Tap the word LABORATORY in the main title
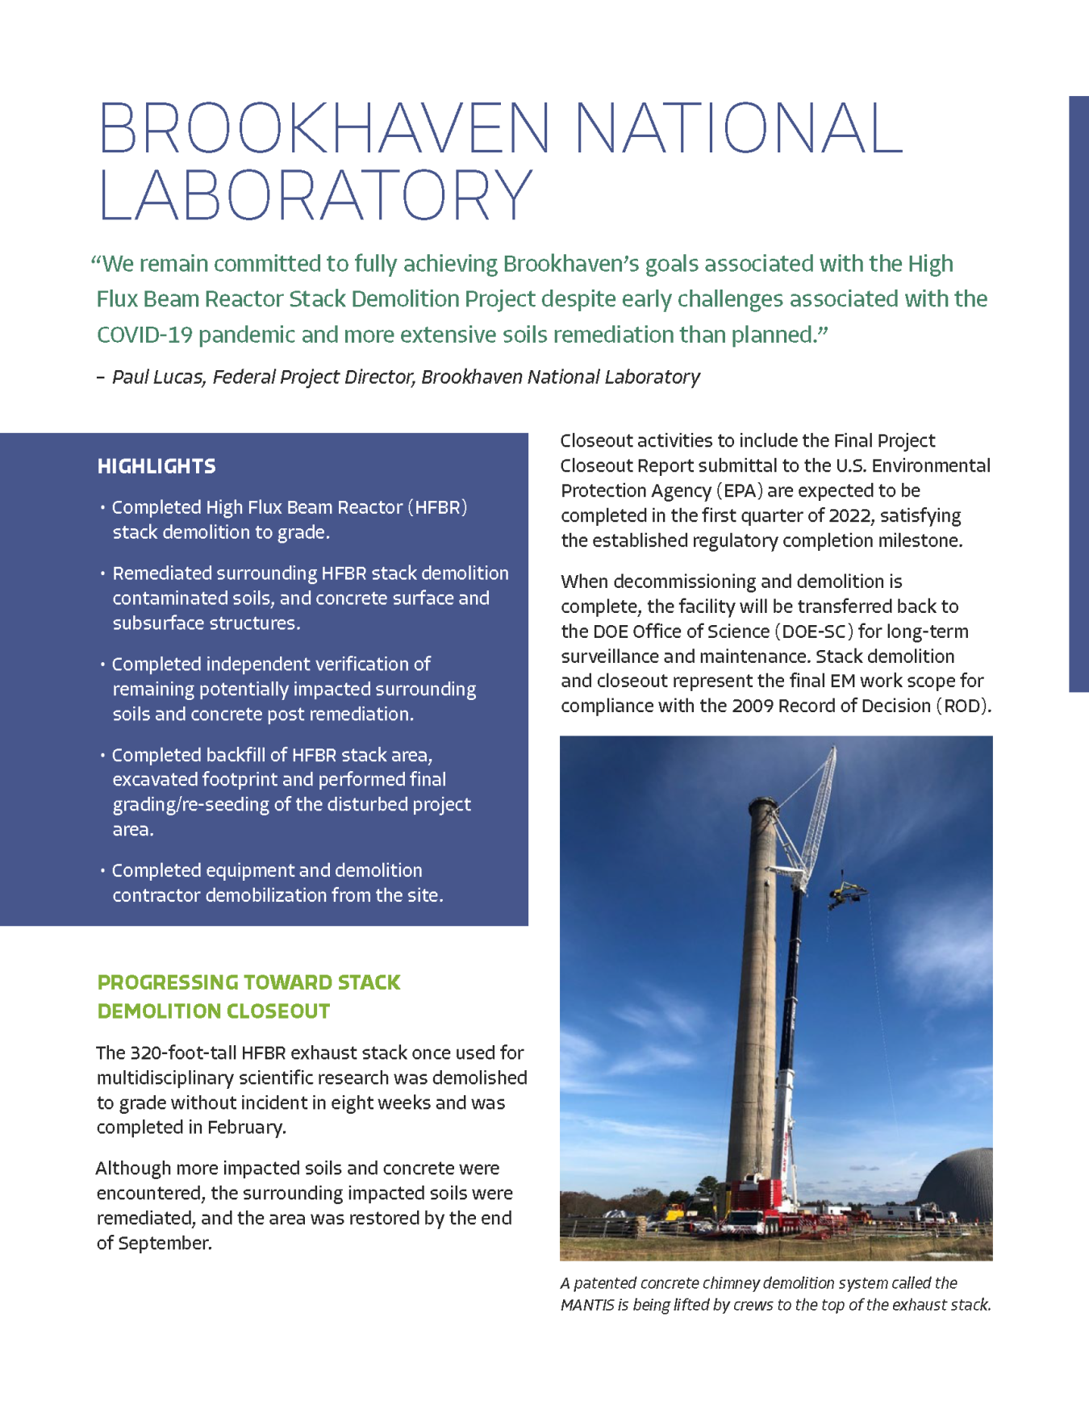315,195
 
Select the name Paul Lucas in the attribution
158,377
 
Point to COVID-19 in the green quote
144,335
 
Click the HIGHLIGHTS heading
156,466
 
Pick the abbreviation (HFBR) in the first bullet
437,507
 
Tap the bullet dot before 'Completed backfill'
102,756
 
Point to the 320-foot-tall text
166,1053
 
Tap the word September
165,1244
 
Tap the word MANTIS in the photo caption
587,1305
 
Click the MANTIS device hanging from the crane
846,892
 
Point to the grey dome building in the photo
960,1186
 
